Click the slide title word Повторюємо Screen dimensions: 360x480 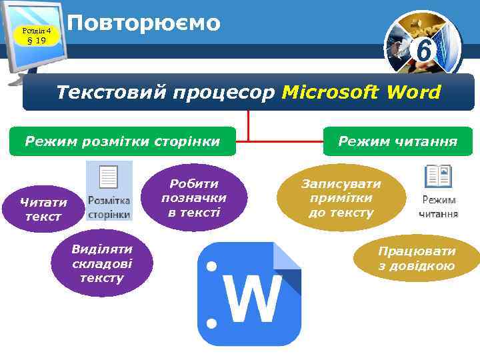point(143,23)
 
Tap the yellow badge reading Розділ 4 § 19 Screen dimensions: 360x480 point(36,35)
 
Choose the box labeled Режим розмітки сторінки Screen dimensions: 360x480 point(123,141)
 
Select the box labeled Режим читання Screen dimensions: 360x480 point(397,141)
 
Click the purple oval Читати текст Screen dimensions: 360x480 point(43,209)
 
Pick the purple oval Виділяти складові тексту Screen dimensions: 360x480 point(102,263)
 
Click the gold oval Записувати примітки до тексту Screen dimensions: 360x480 point(341,198)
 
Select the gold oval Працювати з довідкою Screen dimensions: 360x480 point(417,259)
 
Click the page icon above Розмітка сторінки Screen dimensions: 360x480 point(108,178)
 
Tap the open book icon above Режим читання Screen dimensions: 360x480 point(438,177)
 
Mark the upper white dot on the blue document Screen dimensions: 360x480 point(212,267)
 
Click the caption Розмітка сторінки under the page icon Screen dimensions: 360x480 point(109,208)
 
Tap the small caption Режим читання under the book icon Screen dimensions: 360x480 point(438,207)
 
